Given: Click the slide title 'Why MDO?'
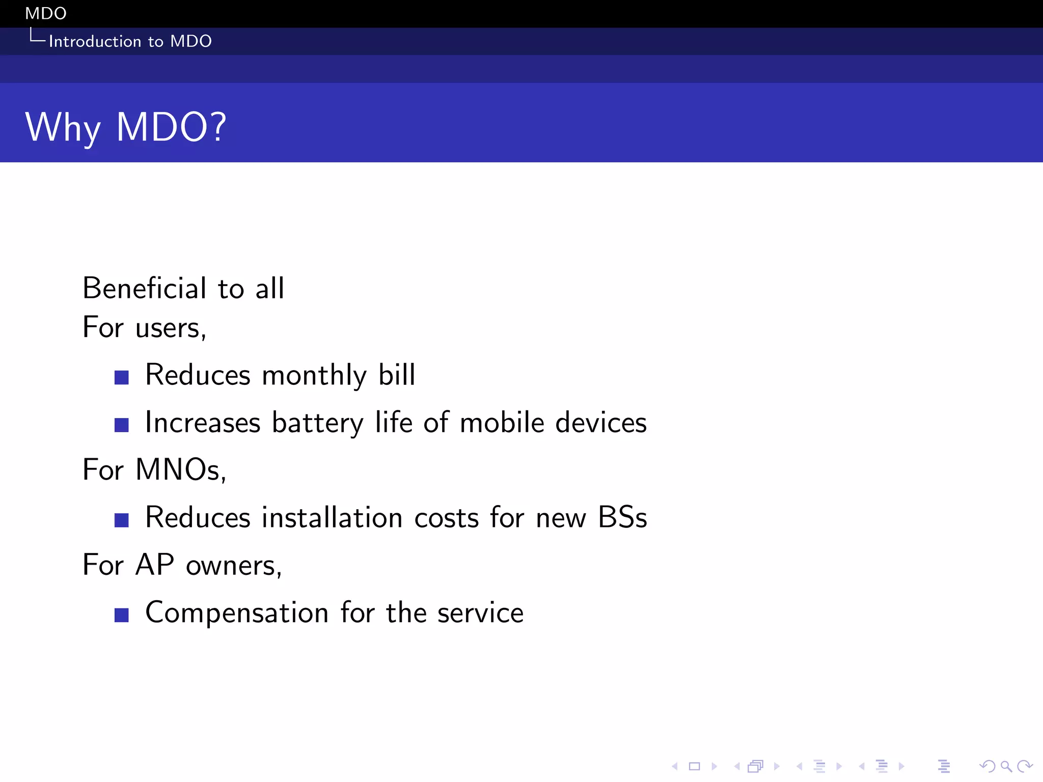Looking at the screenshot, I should (126, 127).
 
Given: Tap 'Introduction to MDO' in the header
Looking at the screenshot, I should (130, 41).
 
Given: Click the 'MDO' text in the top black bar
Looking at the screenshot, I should (46, 13).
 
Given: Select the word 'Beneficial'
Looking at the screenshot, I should (145, 288).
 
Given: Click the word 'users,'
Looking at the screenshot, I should (171, 328).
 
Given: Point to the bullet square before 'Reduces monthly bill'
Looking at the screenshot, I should (122, 377).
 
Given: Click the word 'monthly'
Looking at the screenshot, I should (314, 376).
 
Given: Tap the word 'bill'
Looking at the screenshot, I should (397, 375).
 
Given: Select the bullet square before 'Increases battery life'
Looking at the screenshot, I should (122, 425).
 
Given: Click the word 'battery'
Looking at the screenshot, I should (318, 423).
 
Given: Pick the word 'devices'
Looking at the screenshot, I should (601, 423).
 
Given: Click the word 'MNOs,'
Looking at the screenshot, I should (180, 469).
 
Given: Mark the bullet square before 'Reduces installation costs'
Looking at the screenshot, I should (122, 520).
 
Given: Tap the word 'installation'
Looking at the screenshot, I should (332, 518).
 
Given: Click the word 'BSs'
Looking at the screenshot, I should (622, 518).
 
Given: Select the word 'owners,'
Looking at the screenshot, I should (234, 566).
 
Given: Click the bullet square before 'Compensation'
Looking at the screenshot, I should (122, 615).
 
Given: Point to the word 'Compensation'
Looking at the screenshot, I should (237, 613).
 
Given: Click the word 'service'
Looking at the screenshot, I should (480, 613).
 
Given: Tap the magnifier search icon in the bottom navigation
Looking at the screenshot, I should (1006, 766).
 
